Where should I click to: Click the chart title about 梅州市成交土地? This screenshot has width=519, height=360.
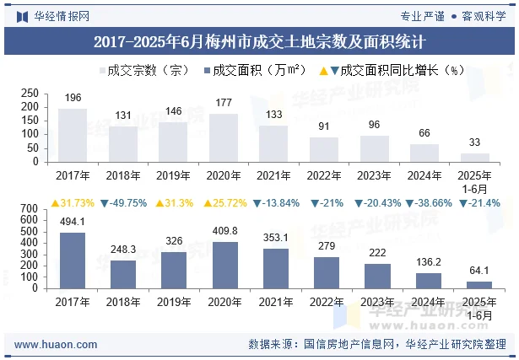click(x=259, y=40)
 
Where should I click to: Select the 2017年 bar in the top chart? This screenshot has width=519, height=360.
click(x=73, y=135)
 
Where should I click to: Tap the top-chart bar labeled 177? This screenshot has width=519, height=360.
click(x=224, y=137)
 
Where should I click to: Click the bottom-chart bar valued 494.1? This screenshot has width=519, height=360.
click(x=73, y=261)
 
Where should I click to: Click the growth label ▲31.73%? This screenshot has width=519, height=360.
click(x=73, y=204)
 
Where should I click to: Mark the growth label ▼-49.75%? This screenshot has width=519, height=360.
click(x=123, y=204)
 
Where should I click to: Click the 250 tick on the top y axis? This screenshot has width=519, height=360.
click(x=30, y=93)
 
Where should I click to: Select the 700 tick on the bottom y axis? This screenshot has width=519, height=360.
click(x=30, y=209)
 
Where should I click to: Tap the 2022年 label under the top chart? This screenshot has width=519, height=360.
click(x=324, y=175)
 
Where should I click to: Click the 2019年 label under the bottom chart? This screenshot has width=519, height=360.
click(x=173, y=301)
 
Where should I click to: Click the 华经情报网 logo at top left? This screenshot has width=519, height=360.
click(x=52, y=15)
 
